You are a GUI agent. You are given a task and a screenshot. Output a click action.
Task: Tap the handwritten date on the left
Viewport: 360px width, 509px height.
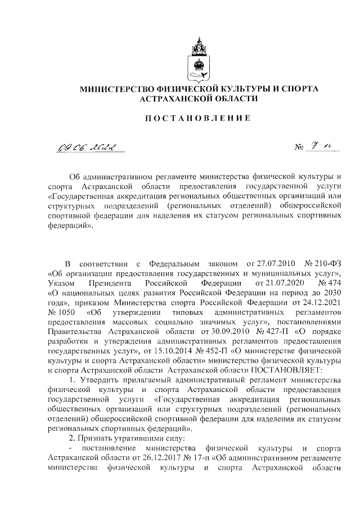click(89, 147)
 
